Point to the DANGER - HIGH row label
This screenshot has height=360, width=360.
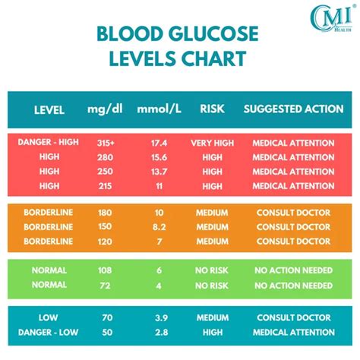49,143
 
